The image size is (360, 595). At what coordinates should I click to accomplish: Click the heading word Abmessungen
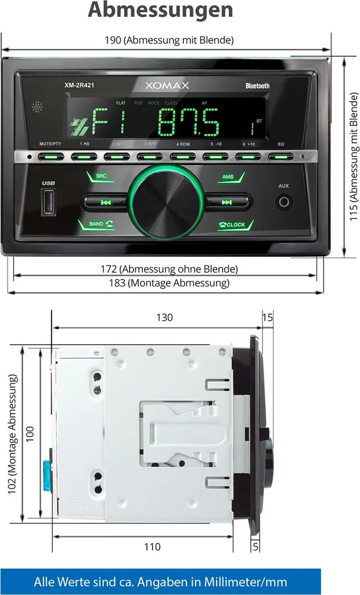click(x=160, y=10)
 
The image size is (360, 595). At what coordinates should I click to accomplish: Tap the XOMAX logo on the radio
click(x=167, y=85)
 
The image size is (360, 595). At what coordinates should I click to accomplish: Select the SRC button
click(x=100, y=177)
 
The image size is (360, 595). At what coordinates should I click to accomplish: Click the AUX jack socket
click(x=284, y=202)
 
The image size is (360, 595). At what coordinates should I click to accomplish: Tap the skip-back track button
click(x=106, y=202)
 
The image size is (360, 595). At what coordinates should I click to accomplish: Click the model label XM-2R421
click(x=80, y=85)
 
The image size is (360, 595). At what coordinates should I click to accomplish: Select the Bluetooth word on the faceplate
click(x=257, y=86)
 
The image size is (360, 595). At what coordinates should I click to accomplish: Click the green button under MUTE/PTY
click(x=51, y=156)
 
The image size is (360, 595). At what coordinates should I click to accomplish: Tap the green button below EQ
click(x=281, y=156)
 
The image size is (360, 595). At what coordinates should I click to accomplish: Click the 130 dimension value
click(x=164, y=318)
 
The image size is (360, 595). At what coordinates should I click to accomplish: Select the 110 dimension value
click(x=152, y=547)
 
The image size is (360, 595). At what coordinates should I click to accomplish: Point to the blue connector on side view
click(x=45, y=474)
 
